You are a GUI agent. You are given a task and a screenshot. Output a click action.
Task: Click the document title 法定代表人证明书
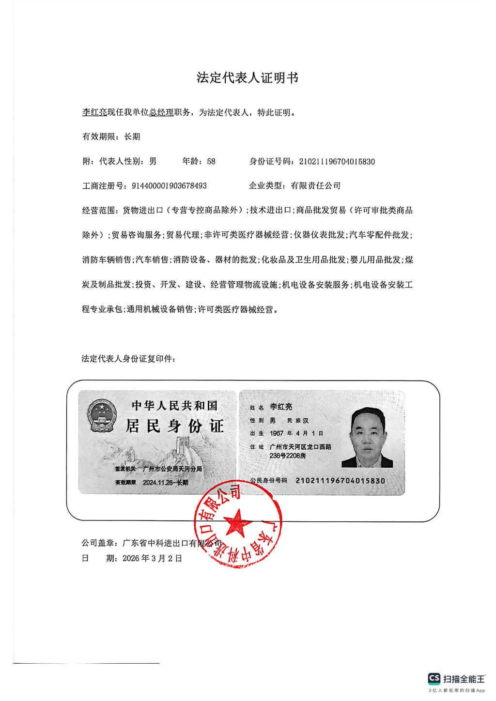click(247, 78)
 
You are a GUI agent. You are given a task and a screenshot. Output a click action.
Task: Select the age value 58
click(211, 161)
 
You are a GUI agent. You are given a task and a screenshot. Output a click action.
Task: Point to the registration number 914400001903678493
click(166, 185)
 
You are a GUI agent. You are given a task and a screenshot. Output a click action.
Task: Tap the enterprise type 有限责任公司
click(315, 185)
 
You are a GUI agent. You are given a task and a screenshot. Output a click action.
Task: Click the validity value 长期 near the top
click(132, 137)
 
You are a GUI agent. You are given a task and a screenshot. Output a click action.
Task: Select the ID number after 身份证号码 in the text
click(337, 161)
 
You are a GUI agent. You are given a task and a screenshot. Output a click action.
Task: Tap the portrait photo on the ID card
click(368, 437)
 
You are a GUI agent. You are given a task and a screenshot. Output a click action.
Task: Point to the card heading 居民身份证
click(175, 426)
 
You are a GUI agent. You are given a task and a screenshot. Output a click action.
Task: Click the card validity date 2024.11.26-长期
click(166, 483)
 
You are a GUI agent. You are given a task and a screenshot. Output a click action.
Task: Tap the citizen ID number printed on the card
click(340, 481)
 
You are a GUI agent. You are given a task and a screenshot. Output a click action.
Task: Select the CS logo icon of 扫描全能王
click(434, 679)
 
